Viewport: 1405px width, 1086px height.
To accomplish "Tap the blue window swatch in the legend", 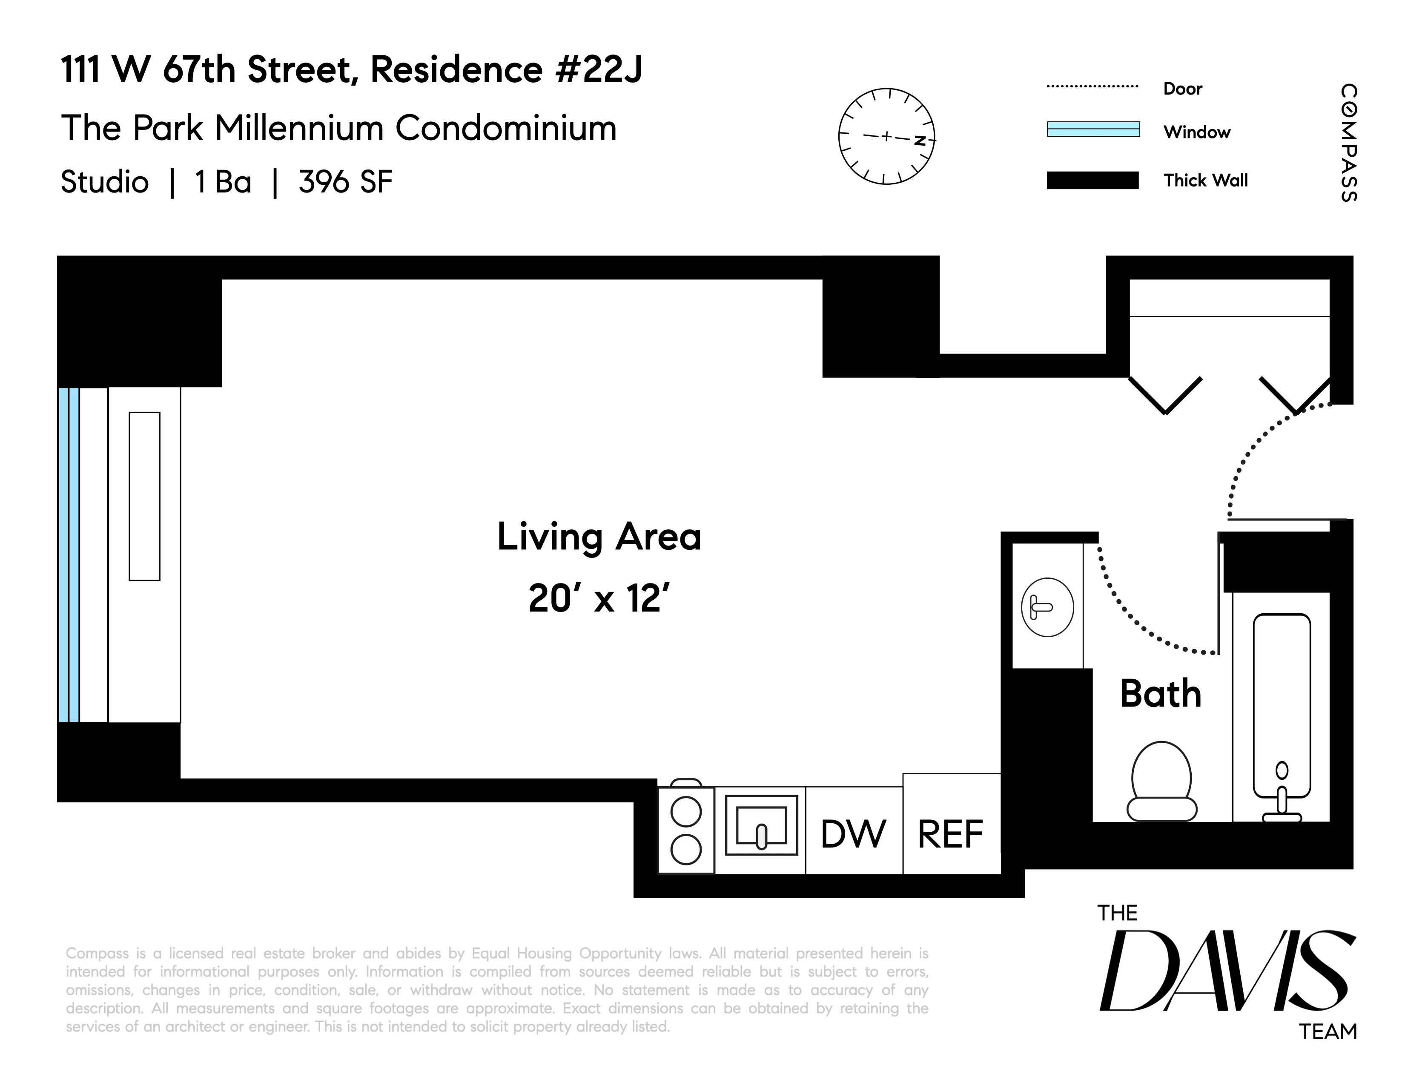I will point(1093,129).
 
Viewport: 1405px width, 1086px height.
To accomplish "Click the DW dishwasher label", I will point(853,834).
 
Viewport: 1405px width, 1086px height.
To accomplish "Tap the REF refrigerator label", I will point(950,834).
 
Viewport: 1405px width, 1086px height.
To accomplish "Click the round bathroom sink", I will point(1047,607).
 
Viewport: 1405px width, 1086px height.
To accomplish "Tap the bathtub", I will point(1282,708).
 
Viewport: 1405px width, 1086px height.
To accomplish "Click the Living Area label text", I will point(599,537).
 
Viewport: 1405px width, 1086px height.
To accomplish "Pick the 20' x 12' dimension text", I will point(599,598).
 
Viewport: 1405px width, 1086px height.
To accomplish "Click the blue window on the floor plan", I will point(69,554).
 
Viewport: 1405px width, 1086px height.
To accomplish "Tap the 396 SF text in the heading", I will point(345,182).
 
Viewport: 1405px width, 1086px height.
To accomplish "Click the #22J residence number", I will point(598,69).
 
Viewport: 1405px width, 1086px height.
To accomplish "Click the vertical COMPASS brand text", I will point(1349,143).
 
